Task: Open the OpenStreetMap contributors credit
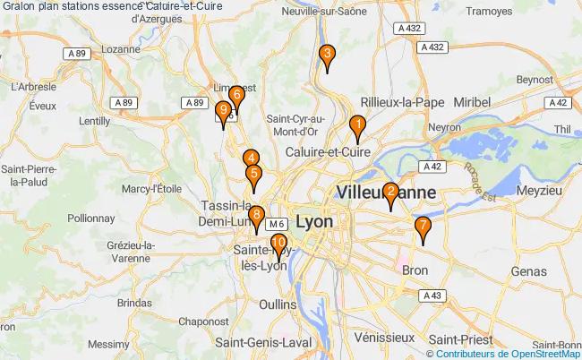[x=518, y=353]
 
